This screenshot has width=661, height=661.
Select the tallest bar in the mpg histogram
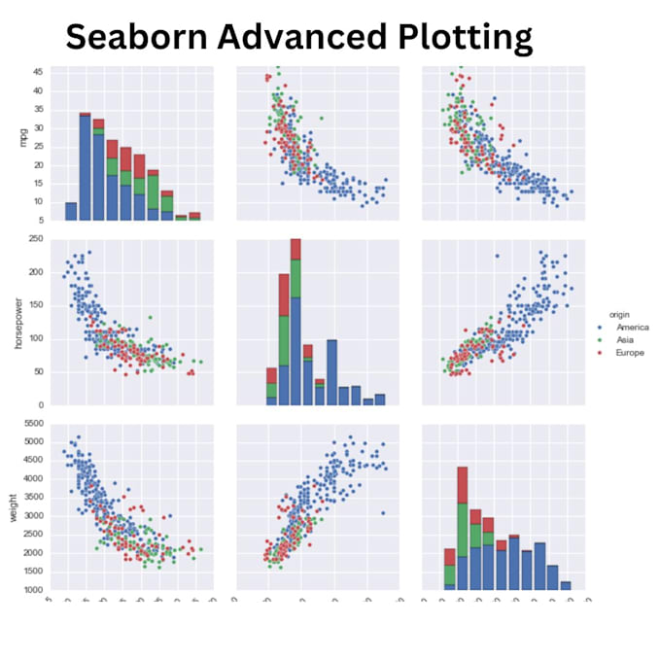click(x=86, y=165)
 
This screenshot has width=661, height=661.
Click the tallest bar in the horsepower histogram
click(x=296, y=321)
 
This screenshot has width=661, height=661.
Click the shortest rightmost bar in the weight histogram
click(x=566, y=586)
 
